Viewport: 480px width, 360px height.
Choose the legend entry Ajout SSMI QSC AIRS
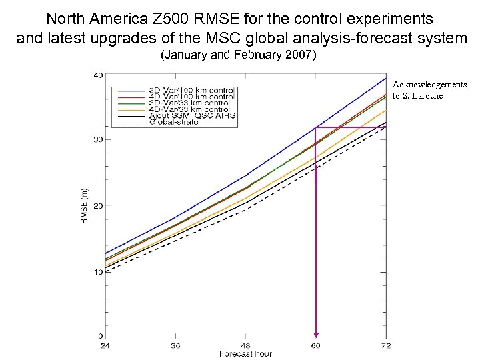[x=189, y=116]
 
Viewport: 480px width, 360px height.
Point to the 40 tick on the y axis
[x=97, y=75]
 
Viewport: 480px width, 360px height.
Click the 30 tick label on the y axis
[x=97, y=139]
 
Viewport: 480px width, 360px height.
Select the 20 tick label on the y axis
[x=97, y=205]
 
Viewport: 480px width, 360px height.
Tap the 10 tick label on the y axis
[x=97, y=272]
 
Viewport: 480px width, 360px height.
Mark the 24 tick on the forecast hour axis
[x=105, y=346]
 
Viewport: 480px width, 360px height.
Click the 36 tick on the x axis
[x=175, y=346]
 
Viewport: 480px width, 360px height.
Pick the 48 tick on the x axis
[x=245, y=346]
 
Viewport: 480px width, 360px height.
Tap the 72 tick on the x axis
[x=386, y=346]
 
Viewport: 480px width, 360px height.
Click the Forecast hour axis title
[x=245, y=353]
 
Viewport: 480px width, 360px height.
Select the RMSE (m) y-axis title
[x=84, y=205]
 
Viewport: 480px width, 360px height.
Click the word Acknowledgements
[x=429, y=85]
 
